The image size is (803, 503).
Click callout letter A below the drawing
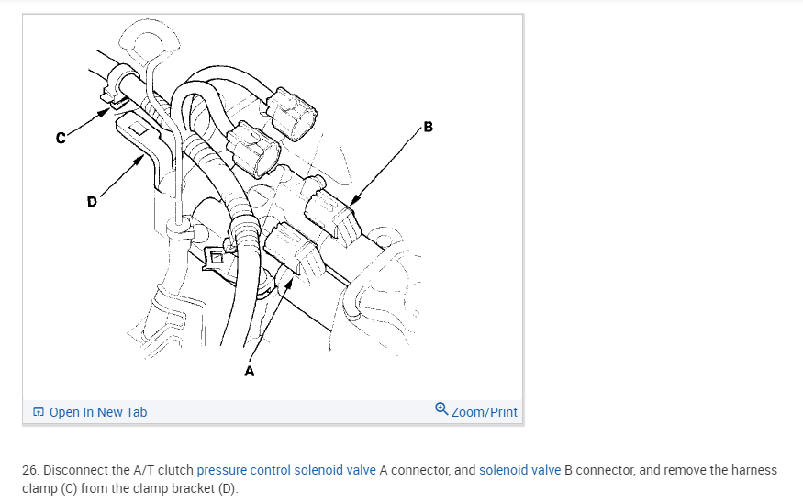[249, 372]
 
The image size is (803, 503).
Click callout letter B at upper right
[428, 126]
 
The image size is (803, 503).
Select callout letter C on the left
[61, 139]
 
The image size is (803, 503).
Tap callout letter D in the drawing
[92, 202]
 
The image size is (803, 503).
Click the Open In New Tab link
[97, 412]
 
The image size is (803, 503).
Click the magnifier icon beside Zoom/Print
[442, 410]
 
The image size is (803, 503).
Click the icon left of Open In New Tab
[39, 412]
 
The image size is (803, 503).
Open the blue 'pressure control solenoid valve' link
[286, 470]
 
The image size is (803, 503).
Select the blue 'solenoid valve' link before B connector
[519, 470]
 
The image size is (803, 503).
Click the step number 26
[28, 470]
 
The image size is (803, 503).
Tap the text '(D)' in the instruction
[227, 487]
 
